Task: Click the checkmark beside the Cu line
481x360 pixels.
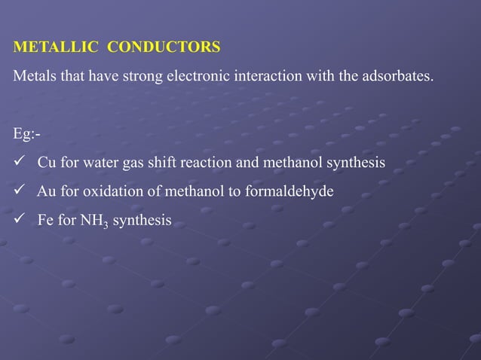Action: click(x=20, y=162)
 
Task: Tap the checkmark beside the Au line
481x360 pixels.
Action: click(x=20, y=191)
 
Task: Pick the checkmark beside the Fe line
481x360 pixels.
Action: click(x=20, y=219)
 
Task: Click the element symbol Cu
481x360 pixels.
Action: click(x=47, y=163)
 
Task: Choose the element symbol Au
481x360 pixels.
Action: click(x=47, y=191)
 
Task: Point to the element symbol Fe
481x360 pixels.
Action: click(x=46, y=220)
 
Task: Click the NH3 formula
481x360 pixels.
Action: click(x=93, y=221)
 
